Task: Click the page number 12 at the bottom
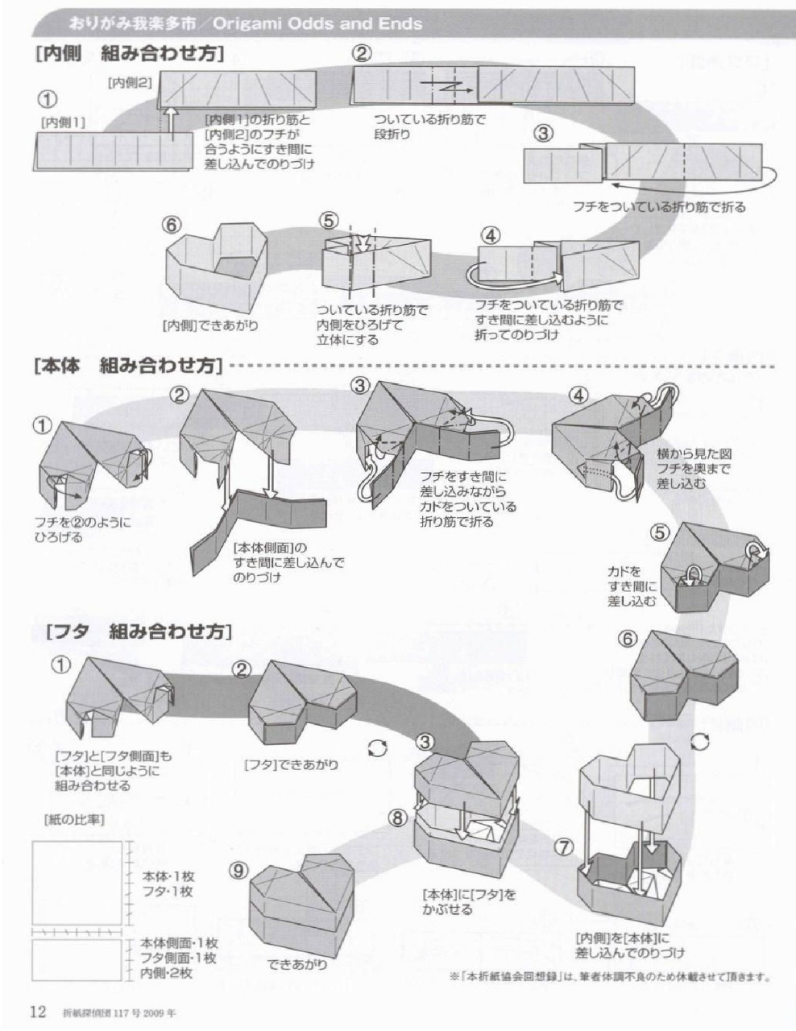38,1011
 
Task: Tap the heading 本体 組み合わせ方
129,365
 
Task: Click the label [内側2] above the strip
130,82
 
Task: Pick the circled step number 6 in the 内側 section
172,225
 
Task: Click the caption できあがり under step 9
297,963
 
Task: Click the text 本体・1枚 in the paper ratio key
168,876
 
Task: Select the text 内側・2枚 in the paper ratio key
166,973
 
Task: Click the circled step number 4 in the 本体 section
579,395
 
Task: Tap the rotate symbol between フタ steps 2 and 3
375,748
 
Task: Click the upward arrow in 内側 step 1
170,125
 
